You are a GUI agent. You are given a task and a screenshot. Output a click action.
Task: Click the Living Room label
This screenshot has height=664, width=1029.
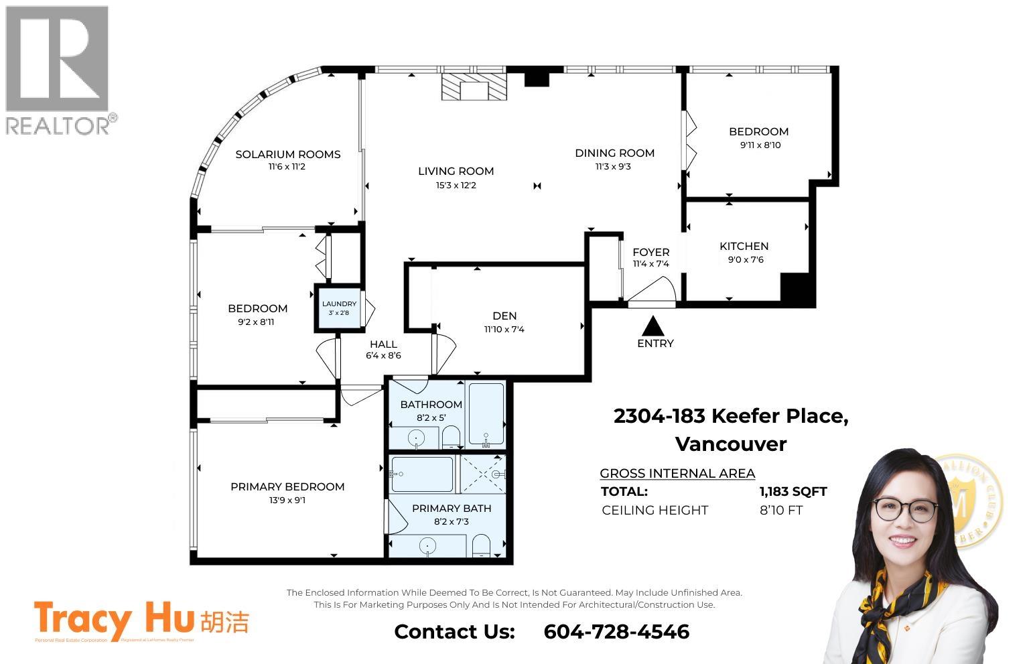(456, 171)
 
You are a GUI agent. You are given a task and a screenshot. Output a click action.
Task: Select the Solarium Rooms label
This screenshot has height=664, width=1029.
(288, 154)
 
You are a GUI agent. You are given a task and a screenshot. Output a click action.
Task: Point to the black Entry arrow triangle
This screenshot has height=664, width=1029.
(653, 326)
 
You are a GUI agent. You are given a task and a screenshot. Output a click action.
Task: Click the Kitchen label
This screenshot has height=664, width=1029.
(744, 246)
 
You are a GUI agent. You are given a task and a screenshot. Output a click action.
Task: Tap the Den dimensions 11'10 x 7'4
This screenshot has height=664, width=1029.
(504, 329)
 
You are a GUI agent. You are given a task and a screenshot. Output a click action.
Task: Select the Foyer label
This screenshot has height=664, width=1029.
(650, 252)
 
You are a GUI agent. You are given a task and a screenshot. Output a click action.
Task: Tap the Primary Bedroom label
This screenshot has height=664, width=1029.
(287, 486)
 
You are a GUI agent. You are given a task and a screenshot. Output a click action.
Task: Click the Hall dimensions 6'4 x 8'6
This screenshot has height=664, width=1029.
(383, 356)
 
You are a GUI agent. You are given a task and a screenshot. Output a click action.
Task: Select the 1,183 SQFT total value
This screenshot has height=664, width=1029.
(793, 491)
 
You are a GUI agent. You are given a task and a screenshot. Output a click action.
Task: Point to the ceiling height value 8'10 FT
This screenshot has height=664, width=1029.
(780, 510)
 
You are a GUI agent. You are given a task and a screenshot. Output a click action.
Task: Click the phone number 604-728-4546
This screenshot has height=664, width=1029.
(616, 631)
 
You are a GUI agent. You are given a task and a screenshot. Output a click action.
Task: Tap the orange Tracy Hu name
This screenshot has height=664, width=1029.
(114, 619)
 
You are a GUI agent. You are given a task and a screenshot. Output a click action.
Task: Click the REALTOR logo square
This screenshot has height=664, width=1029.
(57, 58)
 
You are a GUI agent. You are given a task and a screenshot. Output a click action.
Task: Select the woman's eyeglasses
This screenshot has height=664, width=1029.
(905, 510)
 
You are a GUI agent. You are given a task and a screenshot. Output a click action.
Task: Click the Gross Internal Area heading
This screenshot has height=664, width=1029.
(677, 473)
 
